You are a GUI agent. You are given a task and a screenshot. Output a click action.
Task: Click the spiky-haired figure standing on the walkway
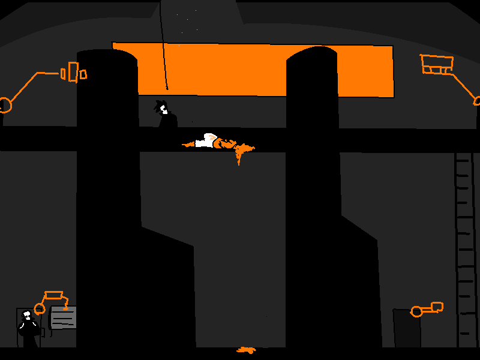click(x=165, y=115)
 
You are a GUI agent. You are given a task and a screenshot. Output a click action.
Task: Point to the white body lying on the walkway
click(x=206, y=142)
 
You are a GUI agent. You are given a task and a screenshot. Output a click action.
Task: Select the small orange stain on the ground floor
click(x=246, y=350)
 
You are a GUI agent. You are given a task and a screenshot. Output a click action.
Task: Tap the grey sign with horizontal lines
click(x=63, y=317)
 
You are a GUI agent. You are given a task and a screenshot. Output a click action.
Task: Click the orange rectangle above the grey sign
click(x=54, y=295)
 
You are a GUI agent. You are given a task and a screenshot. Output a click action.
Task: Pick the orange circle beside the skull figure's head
click(x=40, y=308)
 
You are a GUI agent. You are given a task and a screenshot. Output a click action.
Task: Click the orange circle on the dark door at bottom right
click(x=416, y=311)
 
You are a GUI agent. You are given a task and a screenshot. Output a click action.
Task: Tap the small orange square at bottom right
click(x=437, y=307)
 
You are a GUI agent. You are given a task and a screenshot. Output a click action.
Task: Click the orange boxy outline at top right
click(x=437, y=64)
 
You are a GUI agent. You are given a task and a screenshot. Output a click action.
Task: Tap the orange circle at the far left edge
click(x=4, y=105)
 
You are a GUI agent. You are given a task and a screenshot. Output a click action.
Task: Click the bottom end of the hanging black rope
click(x=167, y=88)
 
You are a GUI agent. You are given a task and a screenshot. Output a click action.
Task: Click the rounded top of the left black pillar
click(x=107, y=54)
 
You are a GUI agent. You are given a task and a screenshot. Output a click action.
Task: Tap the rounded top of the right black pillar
click(x=311, y=53)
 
